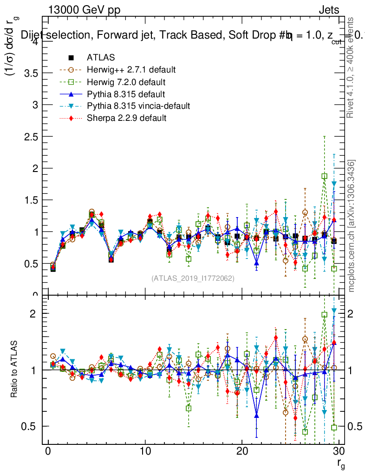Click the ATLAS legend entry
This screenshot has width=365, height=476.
[101, 58]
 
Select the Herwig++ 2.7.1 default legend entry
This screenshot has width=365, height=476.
[131, 70]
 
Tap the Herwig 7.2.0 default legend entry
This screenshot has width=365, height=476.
[126, 82]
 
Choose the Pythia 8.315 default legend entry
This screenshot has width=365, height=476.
[126, 94]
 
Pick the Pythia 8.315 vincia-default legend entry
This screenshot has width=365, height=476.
[138, 106]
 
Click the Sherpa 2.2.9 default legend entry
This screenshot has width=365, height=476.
[126, 118]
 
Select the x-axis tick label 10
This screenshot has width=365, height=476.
[145, 452]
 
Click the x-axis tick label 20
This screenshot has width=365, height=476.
[242, 452]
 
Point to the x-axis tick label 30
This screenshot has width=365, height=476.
[339, 452]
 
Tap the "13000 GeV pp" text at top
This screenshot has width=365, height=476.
[84, 10]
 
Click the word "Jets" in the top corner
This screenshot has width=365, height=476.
[328, 10]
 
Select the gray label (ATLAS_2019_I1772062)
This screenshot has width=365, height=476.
[193, 278]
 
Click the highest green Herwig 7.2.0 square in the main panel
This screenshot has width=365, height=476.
[325, 176]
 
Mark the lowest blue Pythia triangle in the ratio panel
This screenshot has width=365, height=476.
[256, 416]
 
